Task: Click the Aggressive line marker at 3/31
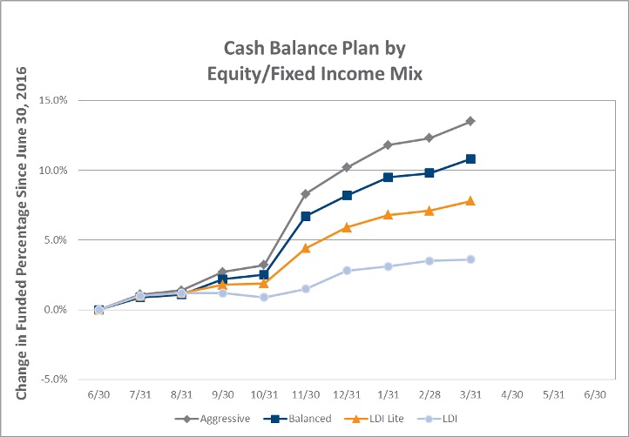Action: click(470, 121)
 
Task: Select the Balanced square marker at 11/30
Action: click(306, 217)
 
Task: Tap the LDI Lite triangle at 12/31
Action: click(347, 228)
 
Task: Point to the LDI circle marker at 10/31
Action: click(264, 297)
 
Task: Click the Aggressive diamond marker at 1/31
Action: click(388, 145)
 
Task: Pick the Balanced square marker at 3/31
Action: click(470, 159)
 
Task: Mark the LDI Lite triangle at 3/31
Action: click(470, 201)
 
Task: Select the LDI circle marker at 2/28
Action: click(429, 261)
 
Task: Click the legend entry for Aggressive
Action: click(213, 419)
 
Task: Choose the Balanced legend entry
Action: click(298, 419)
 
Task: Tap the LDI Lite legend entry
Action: click(374, 419)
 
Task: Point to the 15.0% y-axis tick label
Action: click(53, 100)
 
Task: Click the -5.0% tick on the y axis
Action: click(53, 380)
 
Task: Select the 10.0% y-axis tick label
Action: click(53, 170)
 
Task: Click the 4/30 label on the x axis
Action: click(512, 395)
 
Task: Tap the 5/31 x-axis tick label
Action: click(553, 395)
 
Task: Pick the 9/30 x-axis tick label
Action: click(223, 395)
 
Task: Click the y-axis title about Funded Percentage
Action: click(21, 233)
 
